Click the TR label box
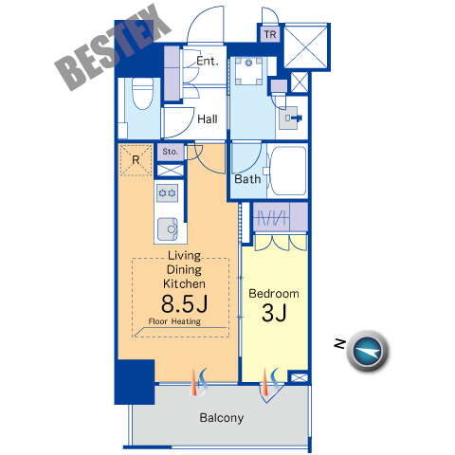(x=270, y=34)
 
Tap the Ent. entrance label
(x=208, y=61)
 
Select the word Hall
(x=208, y=119)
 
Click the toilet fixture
(x=142, y=93)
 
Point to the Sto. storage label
(x=171, y=152)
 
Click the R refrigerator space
(x=136, y=160)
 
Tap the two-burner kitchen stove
(x=167, y=192)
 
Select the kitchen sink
(x=168, y=228)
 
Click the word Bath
(x=247, y=179)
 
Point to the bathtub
(x=287, y=171)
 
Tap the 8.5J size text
(x=185, y=303)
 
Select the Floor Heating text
(x=174, y=321)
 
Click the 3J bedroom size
(x=274, y=313)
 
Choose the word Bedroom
(x=274, y=294)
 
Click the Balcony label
(x=222, y=418)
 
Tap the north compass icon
(x=368, y=351)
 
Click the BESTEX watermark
(x=113, y=47)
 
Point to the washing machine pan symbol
(x=249, y=71)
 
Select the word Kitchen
(x=184, y=283)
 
